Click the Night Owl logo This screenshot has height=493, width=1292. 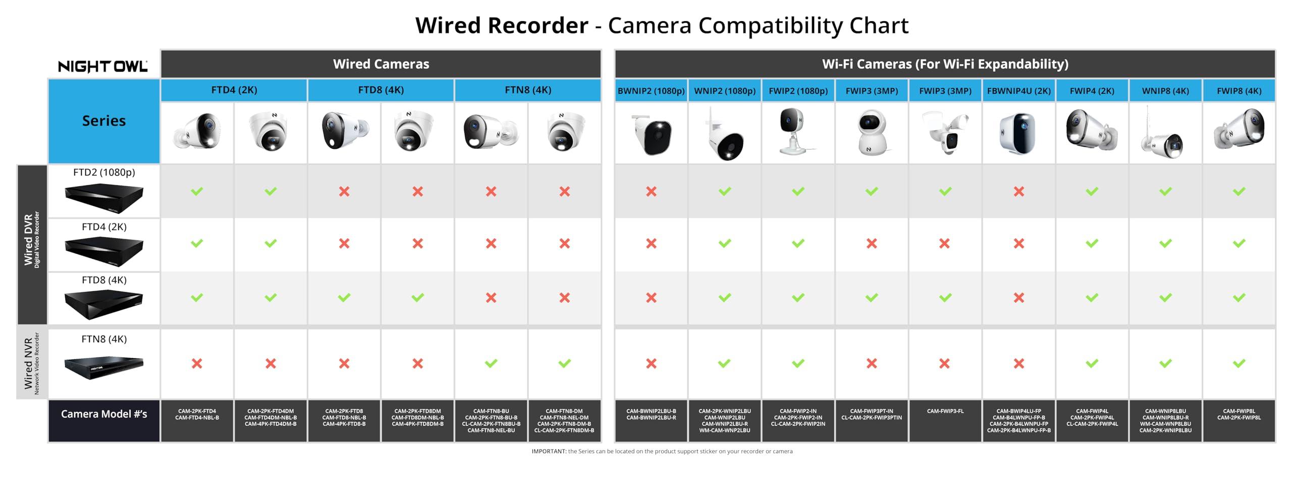[x=103, y=66]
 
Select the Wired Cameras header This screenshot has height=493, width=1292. [x=381, y=64]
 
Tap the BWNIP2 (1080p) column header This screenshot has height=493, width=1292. [x=651, y=91]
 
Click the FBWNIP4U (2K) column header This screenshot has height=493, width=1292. [x=1018, y=91]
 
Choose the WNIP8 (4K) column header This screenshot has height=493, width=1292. [x=1165, y=91]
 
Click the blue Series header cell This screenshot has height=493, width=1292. [x=104, y=121]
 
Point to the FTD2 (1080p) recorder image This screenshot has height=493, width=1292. [x=104, y=198]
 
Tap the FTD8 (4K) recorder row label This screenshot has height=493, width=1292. [x=104, y=280]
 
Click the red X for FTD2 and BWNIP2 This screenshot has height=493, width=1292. [x=651, y=192]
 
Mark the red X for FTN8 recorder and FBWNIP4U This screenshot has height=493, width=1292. [x=1018, y=363]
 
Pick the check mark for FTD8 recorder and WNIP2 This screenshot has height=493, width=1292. [x=725, y=298]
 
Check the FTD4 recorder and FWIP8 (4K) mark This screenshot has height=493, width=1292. [x=1239, y=244]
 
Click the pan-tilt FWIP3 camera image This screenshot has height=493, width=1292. [x=872, y=133]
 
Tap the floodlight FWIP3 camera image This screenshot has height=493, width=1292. [x=945, y=133]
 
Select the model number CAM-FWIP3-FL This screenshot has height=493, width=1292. [x=945, y=411]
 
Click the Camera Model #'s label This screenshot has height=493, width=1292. [x=104, y=414]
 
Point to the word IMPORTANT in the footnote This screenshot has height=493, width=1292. [x=549, y=452]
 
